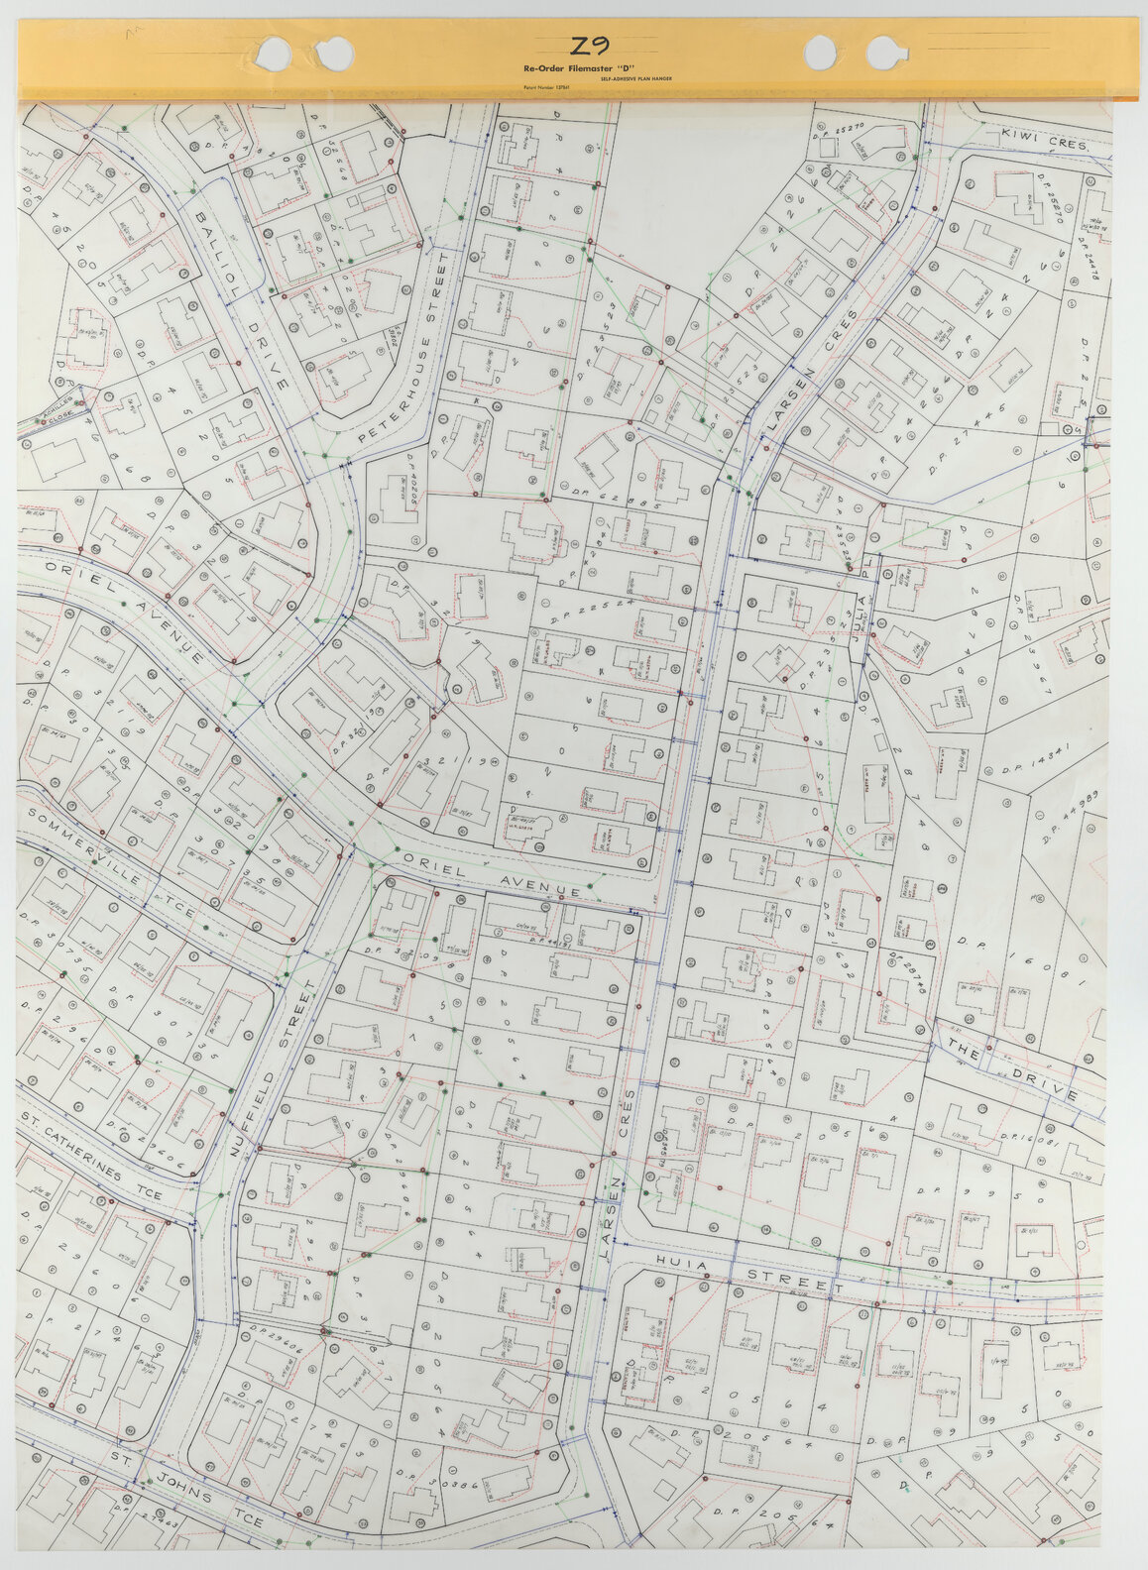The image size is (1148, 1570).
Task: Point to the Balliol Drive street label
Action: (x=241, y=297)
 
